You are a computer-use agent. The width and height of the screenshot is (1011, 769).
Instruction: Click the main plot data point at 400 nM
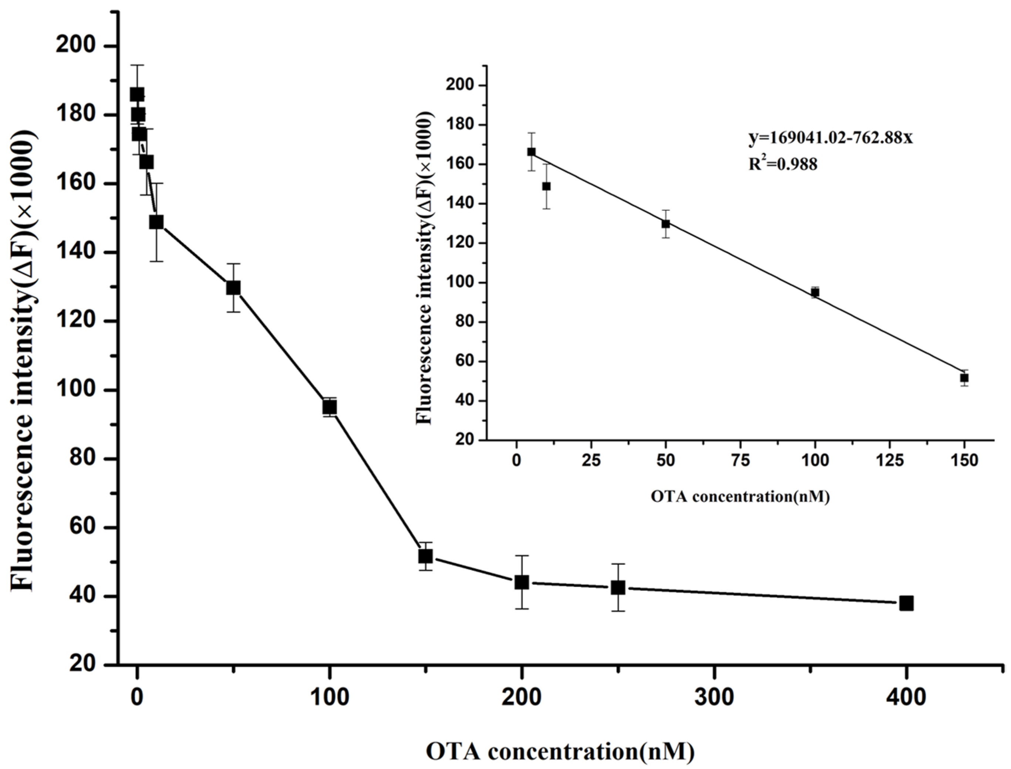906,603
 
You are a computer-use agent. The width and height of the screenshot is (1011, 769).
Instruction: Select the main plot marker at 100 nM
330,407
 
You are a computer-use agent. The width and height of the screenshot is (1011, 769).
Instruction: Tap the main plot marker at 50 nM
233,288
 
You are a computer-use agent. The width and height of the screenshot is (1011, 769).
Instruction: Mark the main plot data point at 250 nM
618,588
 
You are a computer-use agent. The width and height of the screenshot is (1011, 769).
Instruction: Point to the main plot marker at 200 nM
522,582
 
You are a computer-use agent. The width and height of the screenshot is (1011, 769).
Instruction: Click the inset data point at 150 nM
964,378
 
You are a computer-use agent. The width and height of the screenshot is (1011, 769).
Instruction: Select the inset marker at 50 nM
666,224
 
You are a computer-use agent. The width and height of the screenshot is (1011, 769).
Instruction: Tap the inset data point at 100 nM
815,292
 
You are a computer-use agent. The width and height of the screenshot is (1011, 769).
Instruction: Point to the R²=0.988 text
783,163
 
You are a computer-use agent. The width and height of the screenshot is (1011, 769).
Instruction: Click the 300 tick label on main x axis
714,698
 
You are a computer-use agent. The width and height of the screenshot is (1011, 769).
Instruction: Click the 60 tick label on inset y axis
466,362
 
